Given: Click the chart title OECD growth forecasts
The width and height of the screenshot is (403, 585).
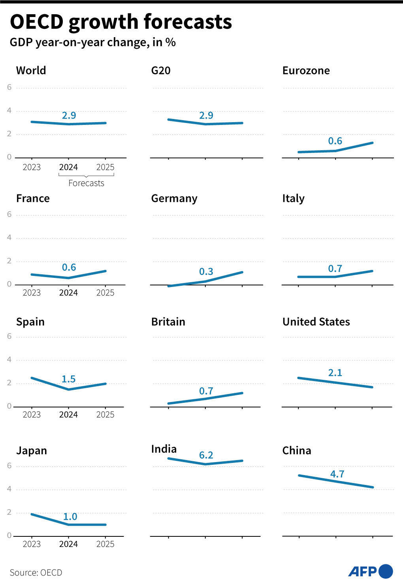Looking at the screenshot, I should tap(121, 22).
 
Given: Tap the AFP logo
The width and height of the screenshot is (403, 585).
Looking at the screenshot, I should tap(370, 572).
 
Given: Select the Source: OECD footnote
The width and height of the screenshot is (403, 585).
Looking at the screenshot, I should tap(36, 572).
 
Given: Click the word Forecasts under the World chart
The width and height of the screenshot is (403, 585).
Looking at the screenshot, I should tap(86, 183).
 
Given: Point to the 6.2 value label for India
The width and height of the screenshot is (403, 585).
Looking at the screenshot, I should tap(206, 455).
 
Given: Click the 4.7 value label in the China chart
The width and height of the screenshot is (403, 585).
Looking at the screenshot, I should tap(337, 474).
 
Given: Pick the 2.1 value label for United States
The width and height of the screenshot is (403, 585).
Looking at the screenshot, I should tap(335, 373).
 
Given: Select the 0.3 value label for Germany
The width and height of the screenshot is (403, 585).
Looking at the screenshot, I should tap(206, 272).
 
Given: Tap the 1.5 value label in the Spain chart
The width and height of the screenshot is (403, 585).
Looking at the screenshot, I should tap(68, 379).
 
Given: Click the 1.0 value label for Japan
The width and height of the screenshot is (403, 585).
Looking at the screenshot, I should tap(70, 517).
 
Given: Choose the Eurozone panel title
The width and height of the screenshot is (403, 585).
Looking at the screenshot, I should tap(306, 70).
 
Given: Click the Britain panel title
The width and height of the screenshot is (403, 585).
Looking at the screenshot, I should tap(168, 322).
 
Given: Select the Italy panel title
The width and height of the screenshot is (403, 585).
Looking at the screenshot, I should tap(293, 198).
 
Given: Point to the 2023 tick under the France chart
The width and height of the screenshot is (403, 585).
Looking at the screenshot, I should tap(32, 293).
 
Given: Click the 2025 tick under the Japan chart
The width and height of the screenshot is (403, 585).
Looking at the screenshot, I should tap(105, 544).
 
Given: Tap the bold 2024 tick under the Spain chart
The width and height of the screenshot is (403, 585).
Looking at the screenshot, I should tap(68, 415).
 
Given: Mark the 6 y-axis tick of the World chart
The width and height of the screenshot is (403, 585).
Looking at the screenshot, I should tap(9, 87).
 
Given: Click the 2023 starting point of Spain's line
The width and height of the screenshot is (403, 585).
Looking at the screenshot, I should tap(31, 378).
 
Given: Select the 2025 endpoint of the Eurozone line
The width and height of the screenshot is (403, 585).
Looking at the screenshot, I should tap(372, 143).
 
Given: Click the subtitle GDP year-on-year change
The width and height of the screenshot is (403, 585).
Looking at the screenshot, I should tap(92, 42).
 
